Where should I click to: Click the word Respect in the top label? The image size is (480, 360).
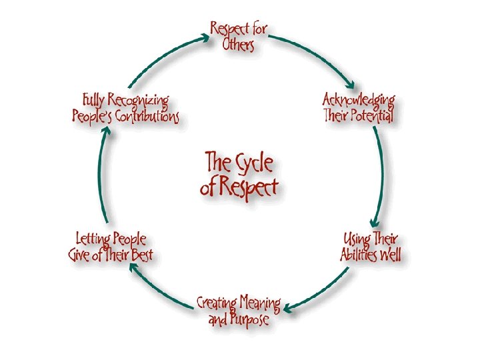click(x=231, y=29)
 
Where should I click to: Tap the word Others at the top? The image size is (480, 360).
click(x=238, y=44)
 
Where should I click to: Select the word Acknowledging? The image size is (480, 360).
click(x=359, y=100)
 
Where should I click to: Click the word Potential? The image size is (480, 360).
click(x=376, y=115)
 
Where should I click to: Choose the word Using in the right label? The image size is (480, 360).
click(x=357, y=239)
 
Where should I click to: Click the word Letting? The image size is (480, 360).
click(x=92, y=239)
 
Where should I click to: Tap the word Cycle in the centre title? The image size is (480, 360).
click(x=254, y=163)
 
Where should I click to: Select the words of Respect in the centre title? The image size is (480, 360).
click(x=239, y=188)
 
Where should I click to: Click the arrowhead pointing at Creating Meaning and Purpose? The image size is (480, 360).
click(x=287, y=308)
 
